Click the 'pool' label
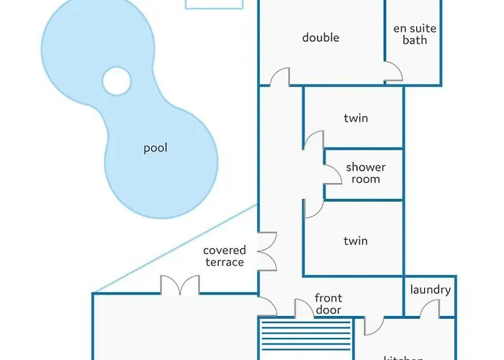[x=156, y=148]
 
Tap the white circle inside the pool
[x=117, y=81]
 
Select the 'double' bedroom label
[x=320, y=37]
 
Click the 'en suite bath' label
[x=415, y=35]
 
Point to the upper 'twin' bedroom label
[x=356, y=118]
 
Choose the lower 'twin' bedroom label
[x=356, y=240]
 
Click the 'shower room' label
[x=366, y=173]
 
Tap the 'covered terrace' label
[x=224, y=256]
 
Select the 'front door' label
[x=328, y=304]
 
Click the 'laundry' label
[x=431, y=290]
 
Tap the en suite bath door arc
[x=393, y=71]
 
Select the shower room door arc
[x=332, y=174]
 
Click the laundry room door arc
[x=429, y=308]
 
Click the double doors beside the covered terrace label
[x=267, y=251]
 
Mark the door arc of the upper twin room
[x=312, y=140]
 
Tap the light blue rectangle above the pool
[x=214, y=4]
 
